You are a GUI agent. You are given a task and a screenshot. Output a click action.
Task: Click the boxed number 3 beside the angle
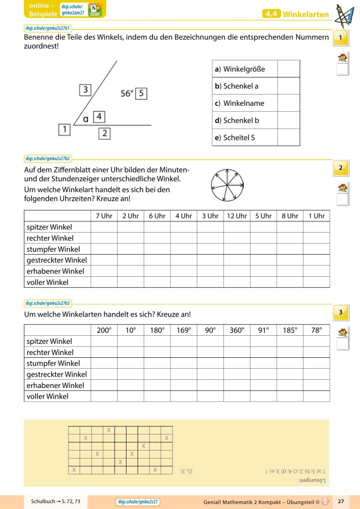tap(85, 89)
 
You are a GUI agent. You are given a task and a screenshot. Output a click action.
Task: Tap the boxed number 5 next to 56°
tap(141, 94)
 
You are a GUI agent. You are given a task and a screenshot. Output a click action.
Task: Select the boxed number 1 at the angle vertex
tap(65, 130)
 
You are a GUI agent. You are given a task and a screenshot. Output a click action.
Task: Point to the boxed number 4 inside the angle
tap(99, 117)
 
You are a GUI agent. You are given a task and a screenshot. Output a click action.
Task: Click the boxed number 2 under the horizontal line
tap(104, 133)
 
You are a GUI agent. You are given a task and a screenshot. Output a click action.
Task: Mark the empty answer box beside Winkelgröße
tap(288, 69)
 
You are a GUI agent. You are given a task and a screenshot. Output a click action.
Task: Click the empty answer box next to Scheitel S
tap(288, 137)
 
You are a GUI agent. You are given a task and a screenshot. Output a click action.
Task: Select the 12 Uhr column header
tap(237, 216)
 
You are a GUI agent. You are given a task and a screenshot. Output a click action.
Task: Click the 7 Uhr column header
tap(104, 216)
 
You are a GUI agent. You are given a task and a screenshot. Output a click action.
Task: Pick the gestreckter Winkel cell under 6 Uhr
tap(157, 260)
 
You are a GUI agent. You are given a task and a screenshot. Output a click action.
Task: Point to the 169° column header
tap(184, 330)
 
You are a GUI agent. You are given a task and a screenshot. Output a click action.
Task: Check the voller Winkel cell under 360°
tap(237, 396)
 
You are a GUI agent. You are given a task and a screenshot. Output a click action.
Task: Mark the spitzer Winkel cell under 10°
tap(130, 341)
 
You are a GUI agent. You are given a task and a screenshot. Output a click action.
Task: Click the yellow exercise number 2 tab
tap(341, 168)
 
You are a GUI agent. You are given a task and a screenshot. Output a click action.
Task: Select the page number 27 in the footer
tap(341, 501)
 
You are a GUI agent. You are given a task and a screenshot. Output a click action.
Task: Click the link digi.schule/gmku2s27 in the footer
tap(139, 501)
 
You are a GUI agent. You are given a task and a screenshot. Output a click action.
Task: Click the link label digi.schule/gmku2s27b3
tap(48, 303)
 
